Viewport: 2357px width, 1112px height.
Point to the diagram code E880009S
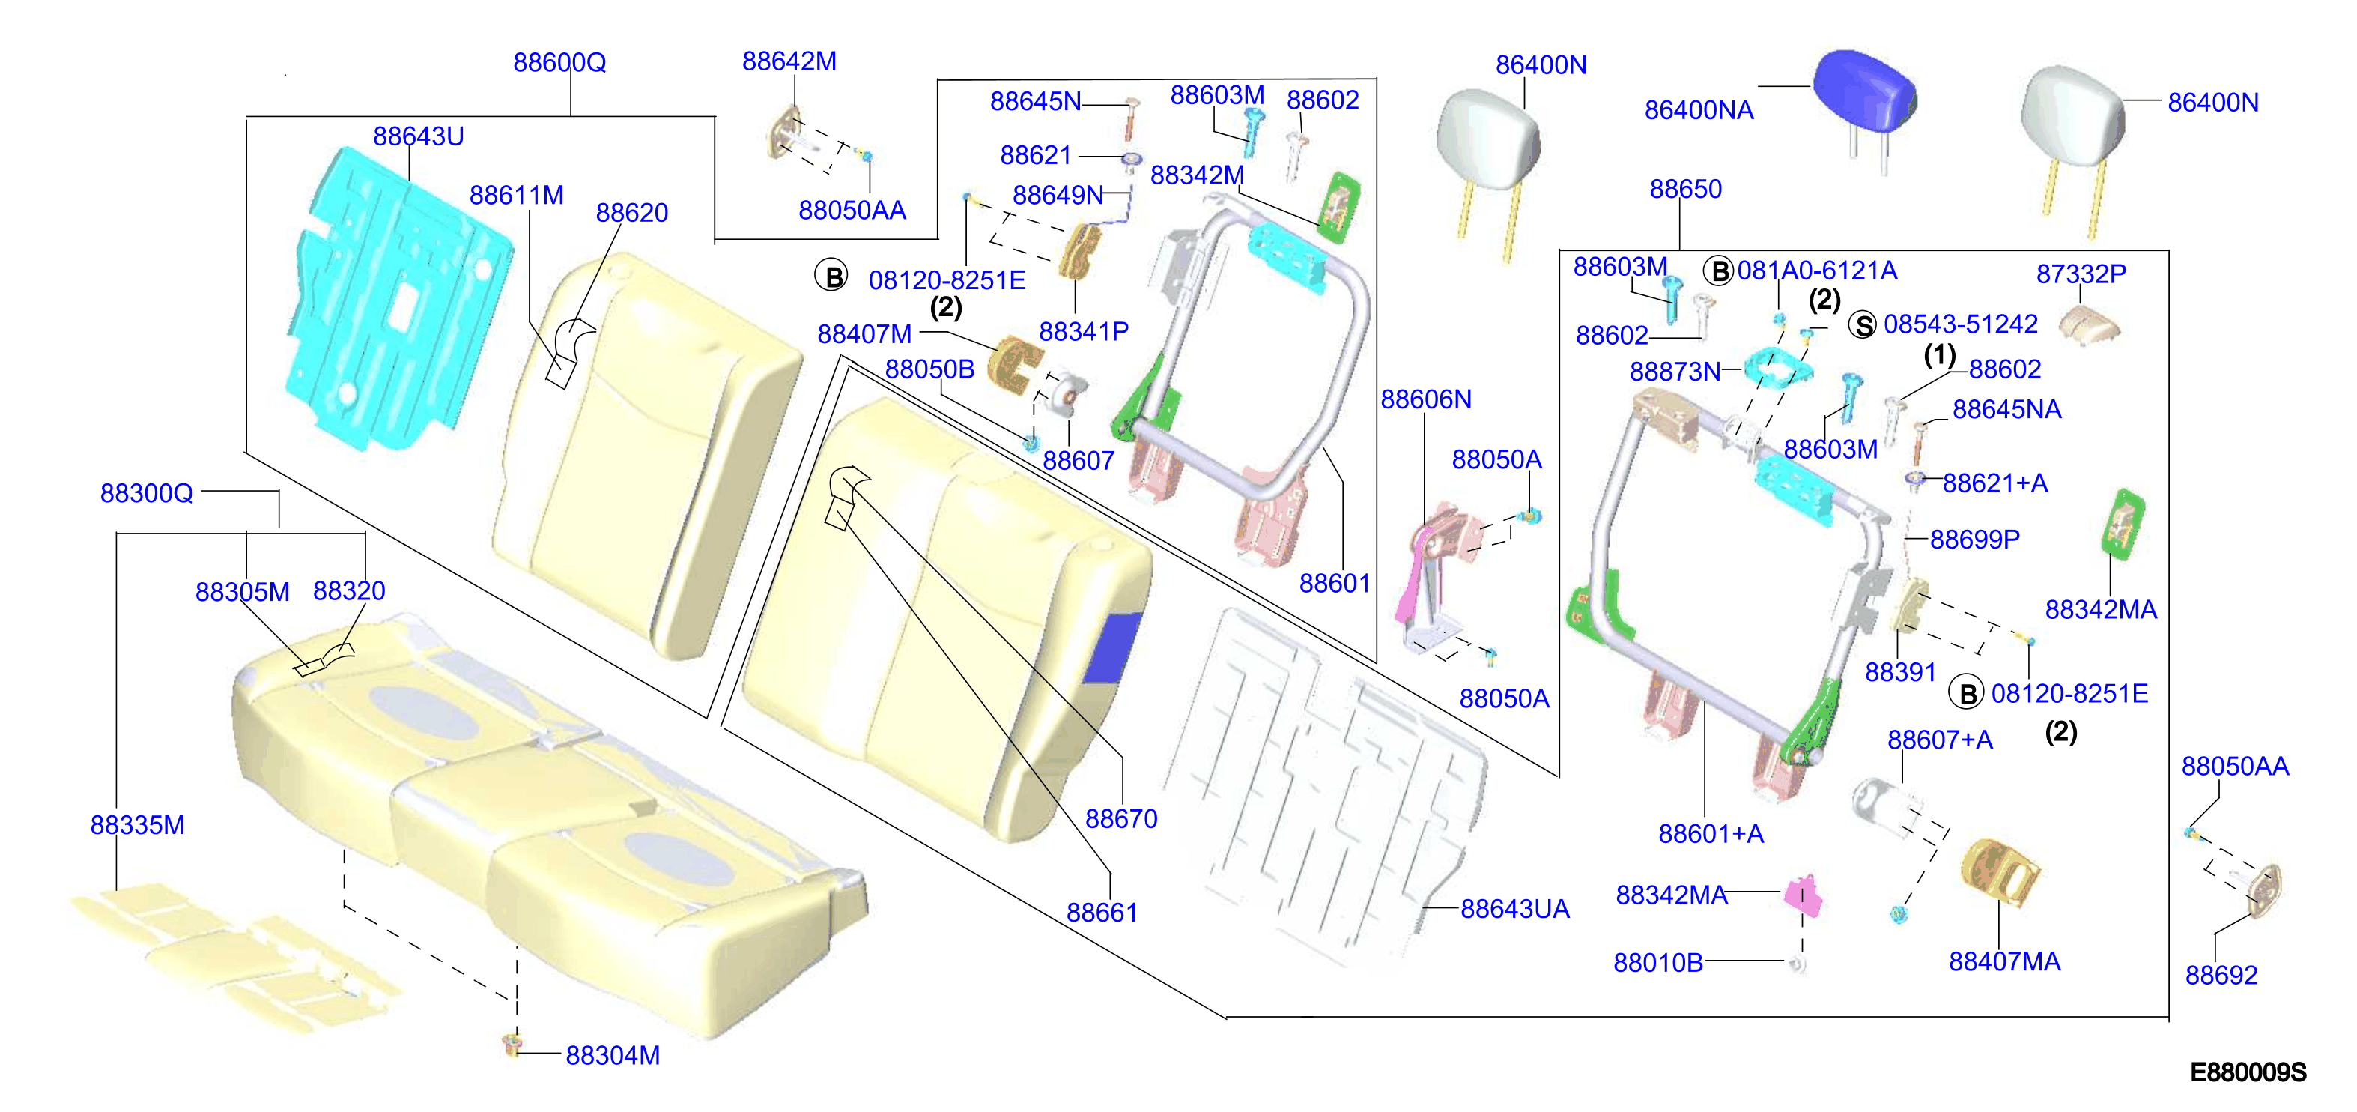(x=2248, y=1072)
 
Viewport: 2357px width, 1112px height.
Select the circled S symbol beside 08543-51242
(x=1863, y=325)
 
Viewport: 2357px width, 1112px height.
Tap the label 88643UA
(x=1514, y=909)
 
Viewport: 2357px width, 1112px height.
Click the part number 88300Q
(x=146, y=493)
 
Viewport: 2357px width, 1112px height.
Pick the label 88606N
(x=1425, y=399)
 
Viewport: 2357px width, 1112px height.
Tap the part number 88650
(x=1685, y=189)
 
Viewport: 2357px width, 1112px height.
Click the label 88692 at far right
(x=2221, y=975)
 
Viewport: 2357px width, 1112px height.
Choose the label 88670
(x=1121, y=818)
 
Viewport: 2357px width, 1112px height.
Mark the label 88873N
(x=1675, y=372)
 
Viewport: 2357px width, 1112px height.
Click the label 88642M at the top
(x=789, y=61)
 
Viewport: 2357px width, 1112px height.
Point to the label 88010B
(x=1658, y=963)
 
